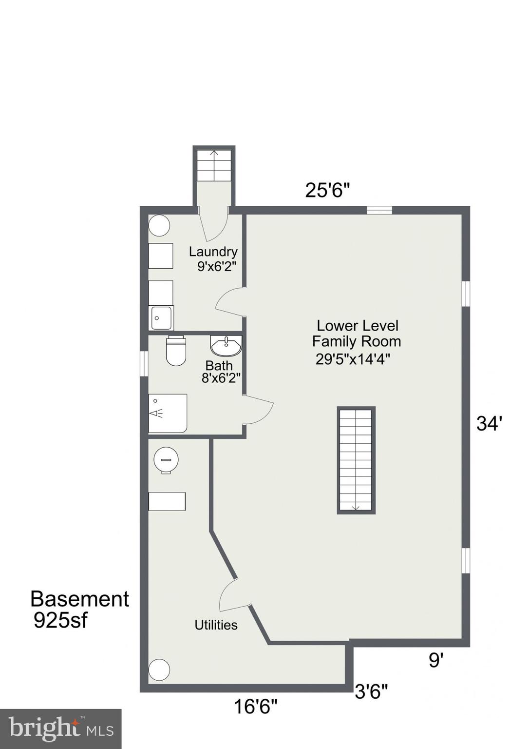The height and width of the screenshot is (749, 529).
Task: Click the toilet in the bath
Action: coord(176,351)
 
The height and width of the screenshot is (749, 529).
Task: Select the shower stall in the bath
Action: coord(168,413)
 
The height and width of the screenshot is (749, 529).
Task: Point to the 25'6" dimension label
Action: coord(327,190)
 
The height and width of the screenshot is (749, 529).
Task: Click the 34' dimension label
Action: coord(489,423)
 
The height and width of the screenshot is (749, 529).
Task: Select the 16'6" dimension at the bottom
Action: coord(255,706)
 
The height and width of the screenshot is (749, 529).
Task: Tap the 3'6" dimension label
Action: coord(371,691)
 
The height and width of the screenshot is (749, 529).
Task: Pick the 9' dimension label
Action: coord(436,660)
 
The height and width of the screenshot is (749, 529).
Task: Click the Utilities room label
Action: coord(216,625)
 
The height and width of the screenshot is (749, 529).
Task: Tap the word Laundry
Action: coord(213,252)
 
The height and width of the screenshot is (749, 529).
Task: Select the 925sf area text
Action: coord(60,620)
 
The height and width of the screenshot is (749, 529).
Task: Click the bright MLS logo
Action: coord(60,729)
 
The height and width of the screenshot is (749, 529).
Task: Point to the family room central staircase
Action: coord(356,460)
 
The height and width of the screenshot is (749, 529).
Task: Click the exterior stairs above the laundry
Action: coord(214,166)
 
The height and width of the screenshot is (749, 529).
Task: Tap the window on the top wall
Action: coord(379,210)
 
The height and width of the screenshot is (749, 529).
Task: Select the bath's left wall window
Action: coord(144,363)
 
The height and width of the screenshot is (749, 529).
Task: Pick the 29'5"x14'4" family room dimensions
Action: coord(353,359)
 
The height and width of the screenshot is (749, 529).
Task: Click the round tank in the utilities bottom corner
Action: coord(159,670)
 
